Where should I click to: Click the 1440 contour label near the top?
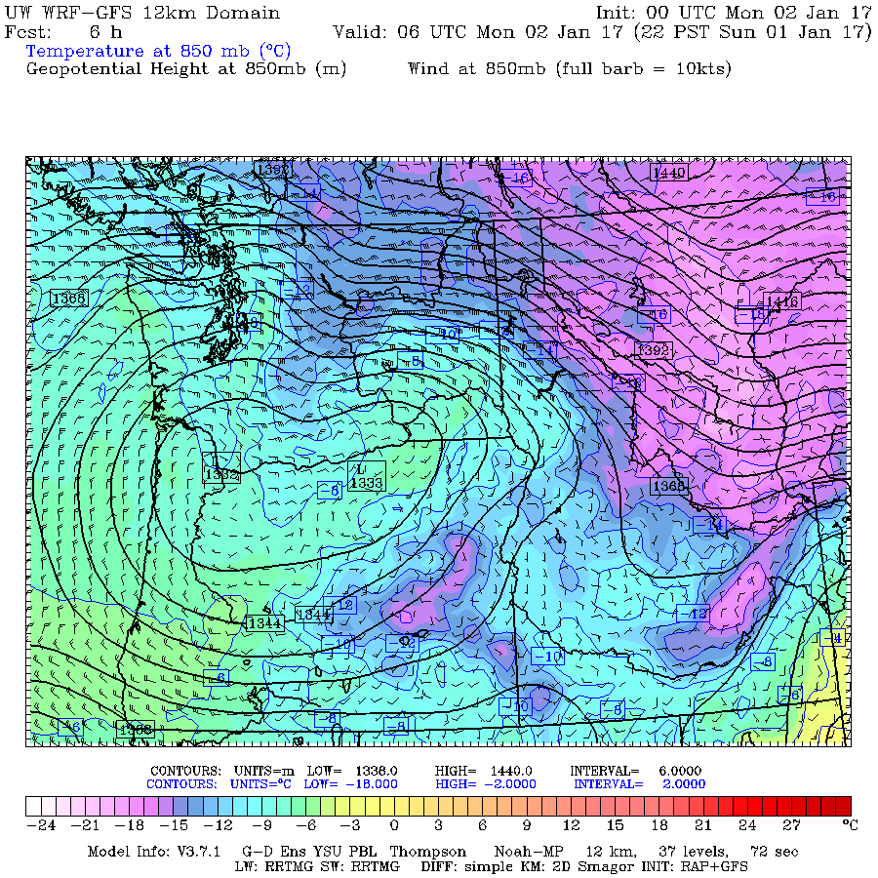pos(669,173)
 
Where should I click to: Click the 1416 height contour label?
pos(781,302)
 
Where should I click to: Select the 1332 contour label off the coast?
pos(221,473)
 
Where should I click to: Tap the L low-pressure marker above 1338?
pos(363,468)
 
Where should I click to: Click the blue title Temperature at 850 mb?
pos(158,51)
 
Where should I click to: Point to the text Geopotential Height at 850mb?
pos(185,69)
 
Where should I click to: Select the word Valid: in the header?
pos(361,32)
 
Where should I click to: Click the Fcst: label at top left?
pos(28,32)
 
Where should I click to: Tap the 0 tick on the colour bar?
pos(393,824)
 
